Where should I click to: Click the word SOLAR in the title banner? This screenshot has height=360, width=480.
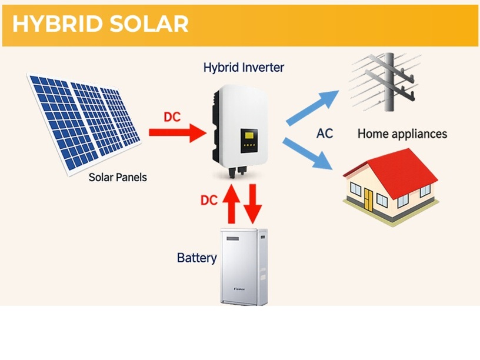tap(149, 24)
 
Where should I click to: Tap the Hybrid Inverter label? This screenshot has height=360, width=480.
tap(244, 67)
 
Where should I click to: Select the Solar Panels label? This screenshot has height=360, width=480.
tap(118, 177)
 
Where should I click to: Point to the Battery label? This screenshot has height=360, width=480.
tap(197, 258)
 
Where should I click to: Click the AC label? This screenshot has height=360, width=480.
tap(325, 134)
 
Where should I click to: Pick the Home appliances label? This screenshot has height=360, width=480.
tap(402, 134)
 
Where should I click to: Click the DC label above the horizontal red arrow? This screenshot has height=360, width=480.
tap(172, 117)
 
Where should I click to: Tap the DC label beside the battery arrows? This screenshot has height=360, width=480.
tap(209, 200)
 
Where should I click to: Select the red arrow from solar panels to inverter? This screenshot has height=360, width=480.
tap(178, 132)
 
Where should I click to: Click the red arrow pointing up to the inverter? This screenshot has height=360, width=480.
tap(231, 204)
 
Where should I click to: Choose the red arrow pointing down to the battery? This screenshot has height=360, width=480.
tap(253, 204)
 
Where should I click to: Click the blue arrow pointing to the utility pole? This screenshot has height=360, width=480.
tap(312, 108)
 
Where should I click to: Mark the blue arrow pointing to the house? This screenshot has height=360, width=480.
tap(307, 154)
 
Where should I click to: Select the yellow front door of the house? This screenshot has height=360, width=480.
tap(369, 200)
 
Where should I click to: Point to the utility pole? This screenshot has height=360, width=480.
tap(389, 82)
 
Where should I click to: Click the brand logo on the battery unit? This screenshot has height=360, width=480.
tap(239, 289)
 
